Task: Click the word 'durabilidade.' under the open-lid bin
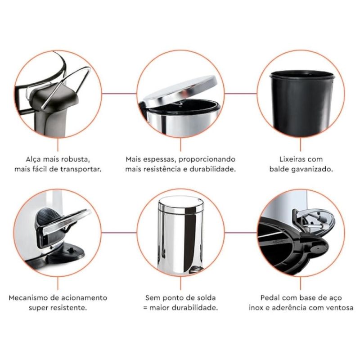click(213, 169)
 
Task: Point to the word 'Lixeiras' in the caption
click(292, 159)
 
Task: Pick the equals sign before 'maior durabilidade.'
click(145, 308)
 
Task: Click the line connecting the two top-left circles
click(119, 94)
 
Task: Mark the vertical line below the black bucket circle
click(301, 144)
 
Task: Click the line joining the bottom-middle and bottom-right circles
click(241, 233)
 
